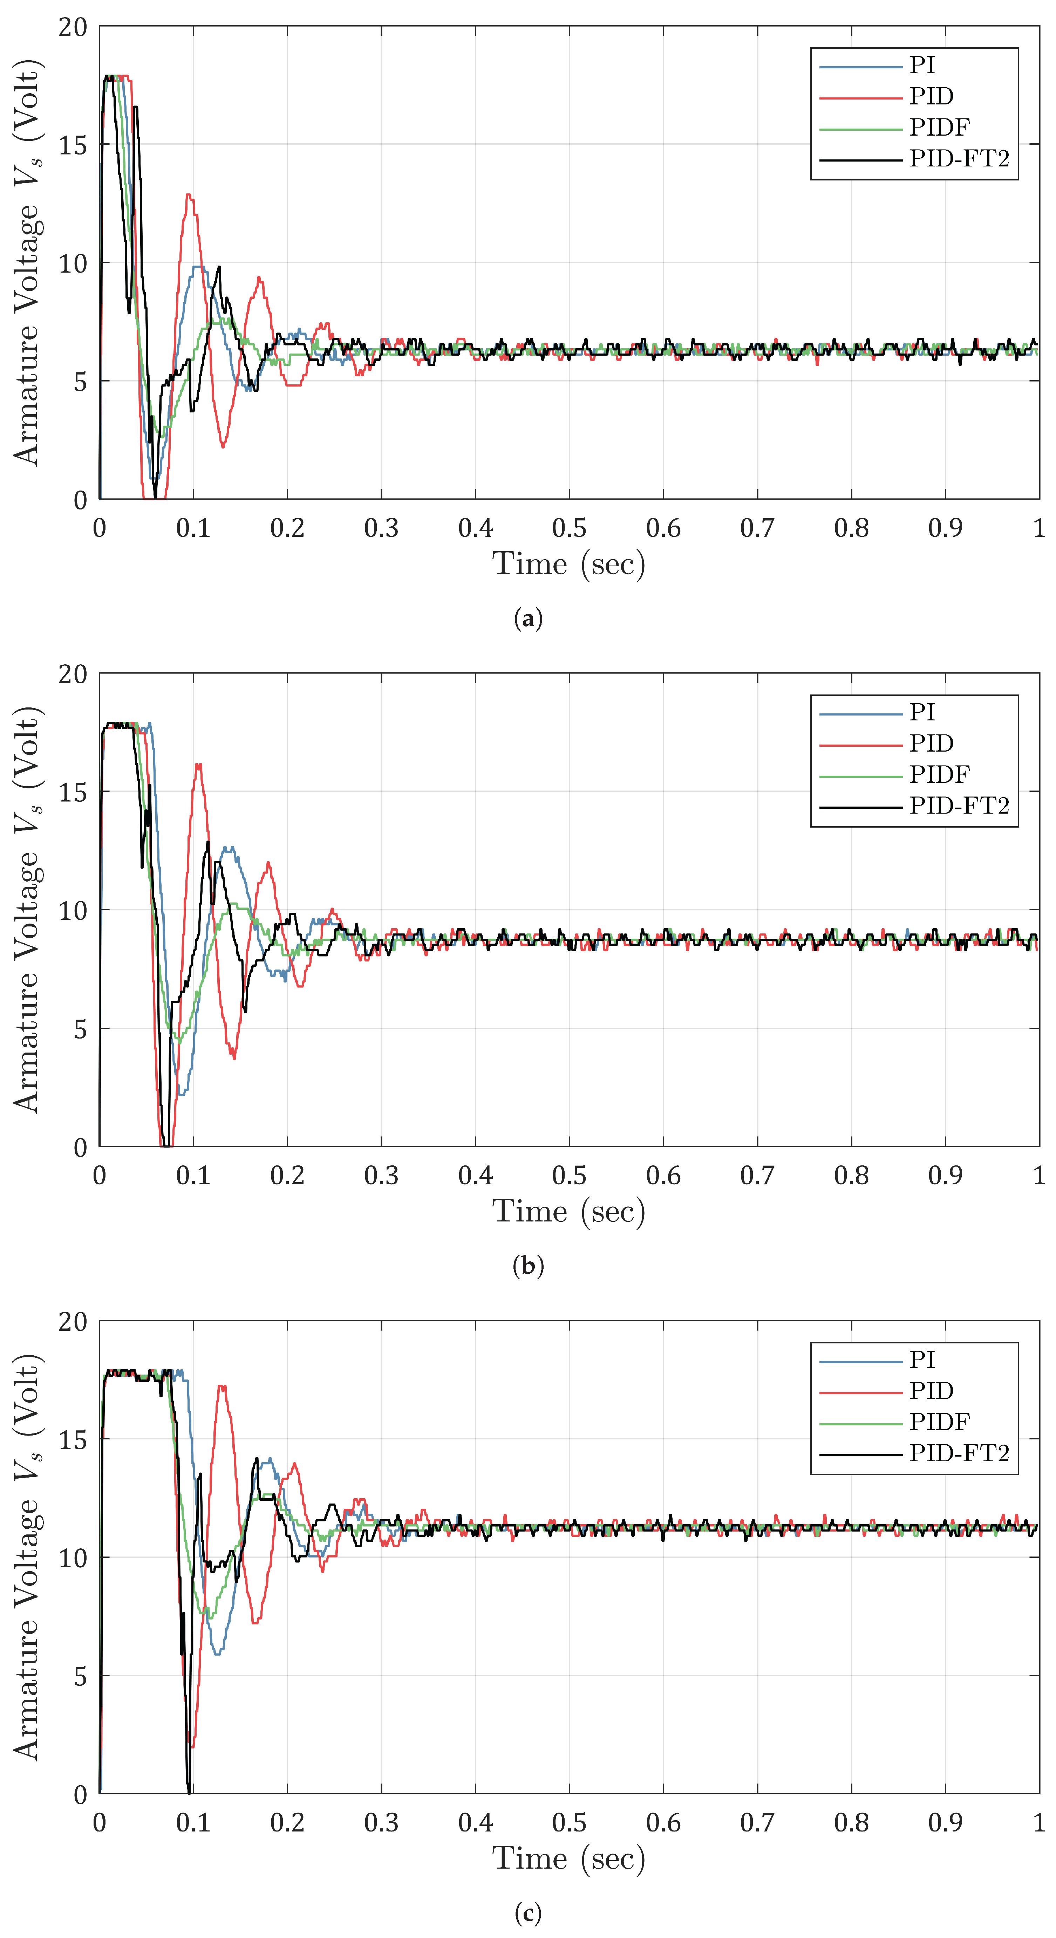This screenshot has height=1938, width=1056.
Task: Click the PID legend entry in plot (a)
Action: (931, 96)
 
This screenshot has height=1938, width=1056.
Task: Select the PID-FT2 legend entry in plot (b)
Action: (958, 806)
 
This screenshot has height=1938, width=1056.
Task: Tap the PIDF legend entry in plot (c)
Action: (939, 1422)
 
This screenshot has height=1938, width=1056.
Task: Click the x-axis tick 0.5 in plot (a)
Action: (569, 528)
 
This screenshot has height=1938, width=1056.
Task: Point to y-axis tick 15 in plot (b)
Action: (73, 792)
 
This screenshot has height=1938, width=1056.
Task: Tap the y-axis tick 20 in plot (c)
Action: (73, 1322)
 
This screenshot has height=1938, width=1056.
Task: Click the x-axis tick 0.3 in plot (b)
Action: (381, 1176)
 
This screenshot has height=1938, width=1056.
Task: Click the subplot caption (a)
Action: (527, 619)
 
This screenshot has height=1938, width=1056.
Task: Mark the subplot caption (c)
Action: (527, 1913)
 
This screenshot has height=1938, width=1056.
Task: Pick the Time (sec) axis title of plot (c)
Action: (569, 1858)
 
